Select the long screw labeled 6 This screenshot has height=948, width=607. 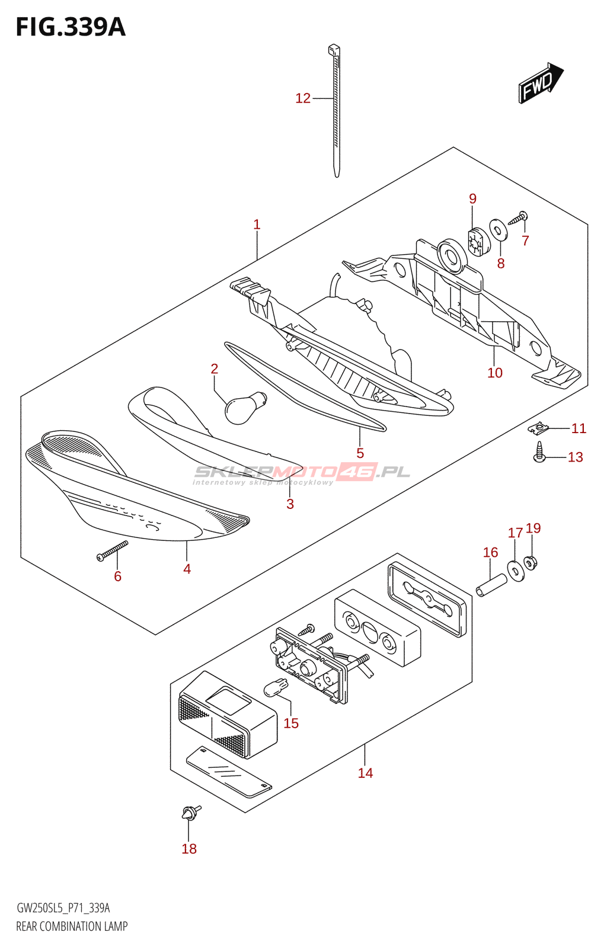pos(113,551)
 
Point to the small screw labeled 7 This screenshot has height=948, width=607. pos(518,218)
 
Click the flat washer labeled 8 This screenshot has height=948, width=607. pos(498,230)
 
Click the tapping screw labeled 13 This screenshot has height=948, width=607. pos(539,452)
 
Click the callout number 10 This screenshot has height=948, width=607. pos(495,373)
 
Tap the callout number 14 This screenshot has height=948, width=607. pos(365,773)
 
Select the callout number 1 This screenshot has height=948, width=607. pos(257,225)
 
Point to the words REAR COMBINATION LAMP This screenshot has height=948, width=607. pos(72,926)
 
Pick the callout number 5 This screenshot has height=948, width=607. pos(360,453)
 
